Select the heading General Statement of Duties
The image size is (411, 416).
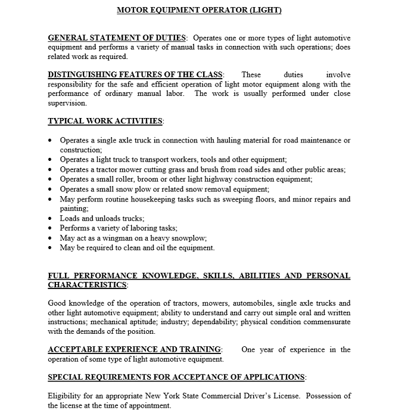(x=117, y=38)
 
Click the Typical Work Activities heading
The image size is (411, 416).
(x=105, y=121)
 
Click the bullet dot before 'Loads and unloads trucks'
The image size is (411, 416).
(x=50, y=219)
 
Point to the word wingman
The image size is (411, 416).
(x=124, y=238)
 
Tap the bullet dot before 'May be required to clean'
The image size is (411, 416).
(x=50, y=248)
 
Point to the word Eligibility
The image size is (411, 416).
(x=64, y=396)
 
